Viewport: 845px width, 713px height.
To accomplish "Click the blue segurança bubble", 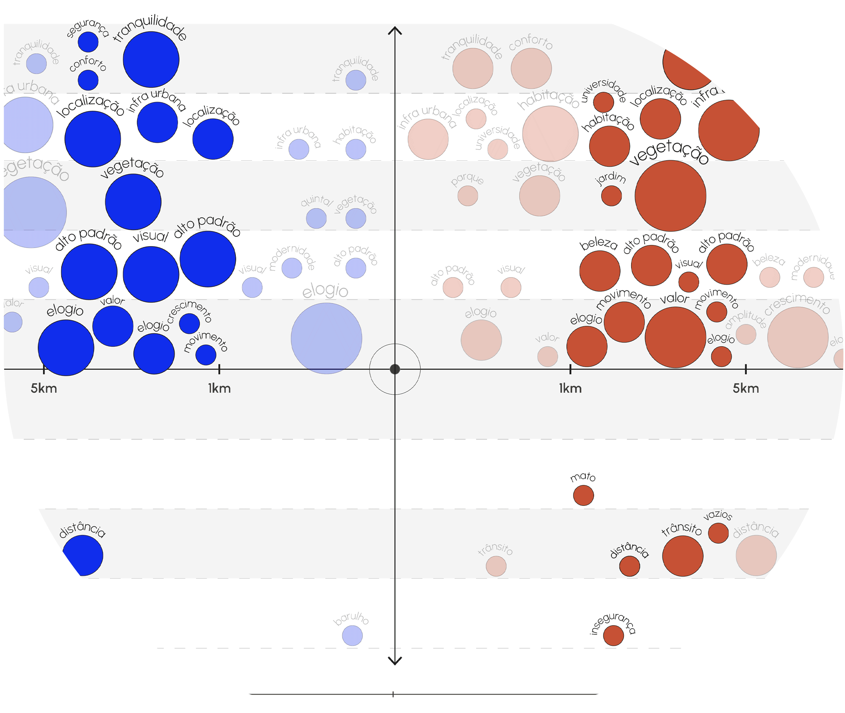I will point(88,42).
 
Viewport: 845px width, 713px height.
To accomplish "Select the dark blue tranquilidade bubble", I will point(151,59).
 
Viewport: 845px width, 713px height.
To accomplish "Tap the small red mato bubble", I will point(583,495).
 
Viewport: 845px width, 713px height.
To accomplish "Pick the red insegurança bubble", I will point(613,635).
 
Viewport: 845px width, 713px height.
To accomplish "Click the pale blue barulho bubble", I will point(352,635).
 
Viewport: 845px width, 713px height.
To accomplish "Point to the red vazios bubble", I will point(718,533).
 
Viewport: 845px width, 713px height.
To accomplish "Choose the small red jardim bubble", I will point(611,195).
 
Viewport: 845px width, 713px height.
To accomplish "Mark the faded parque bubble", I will point(468,195).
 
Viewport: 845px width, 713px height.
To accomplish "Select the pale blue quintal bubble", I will point(316,218).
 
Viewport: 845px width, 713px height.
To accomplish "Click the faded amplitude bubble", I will point(746,334).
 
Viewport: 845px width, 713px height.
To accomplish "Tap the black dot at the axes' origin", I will point(395,369).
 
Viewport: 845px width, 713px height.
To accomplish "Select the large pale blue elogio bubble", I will point(327,338).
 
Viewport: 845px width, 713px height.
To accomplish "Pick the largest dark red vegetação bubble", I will point(670,195).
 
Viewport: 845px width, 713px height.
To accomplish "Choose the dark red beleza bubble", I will point(600,271).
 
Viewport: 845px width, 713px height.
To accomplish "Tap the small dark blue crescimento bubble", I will point(189,323).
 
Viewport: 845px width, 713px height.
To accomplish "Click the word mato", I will point(583,477).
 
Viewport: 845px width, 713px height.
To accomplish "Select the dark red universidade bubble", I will point(604,102).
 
